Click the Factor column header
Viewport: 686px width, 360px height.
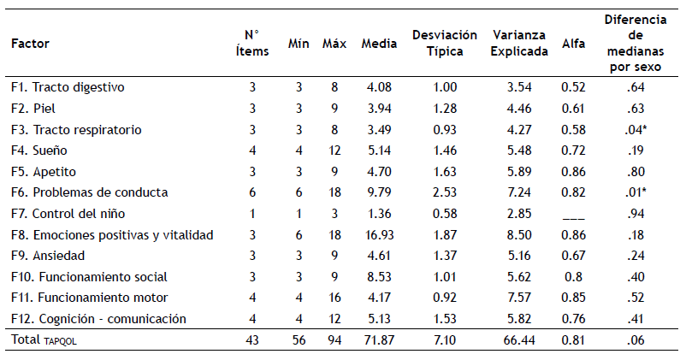pos(30,43)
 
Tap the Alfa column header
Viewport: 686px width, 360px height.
pos(573,43)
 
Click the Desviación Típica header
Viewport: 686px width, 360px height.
pos(445,43)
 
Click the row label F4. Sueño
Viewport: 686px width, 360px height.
pos(39,150)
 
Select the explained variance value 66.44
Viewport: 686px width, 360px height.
pos(520,340)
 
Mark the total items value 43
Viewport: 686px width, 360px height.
pos(251,340)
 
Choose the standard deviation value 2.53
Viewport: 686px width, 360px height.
pos(445,192)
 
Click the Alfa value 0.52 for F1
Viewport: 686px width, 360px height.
pos(573,87)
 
